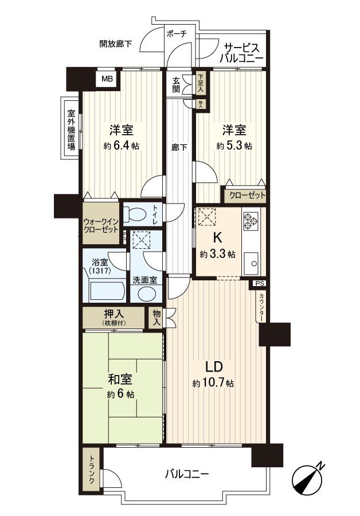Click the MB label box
(107, 79)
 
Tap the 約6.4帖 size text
(121, 146)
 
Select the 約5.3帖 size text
(234, 146)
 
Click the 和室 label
(120, 380)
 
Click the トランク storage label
(91, 470)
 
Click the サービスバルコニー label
(243, 53)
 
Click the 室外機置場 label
(71, 130)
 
